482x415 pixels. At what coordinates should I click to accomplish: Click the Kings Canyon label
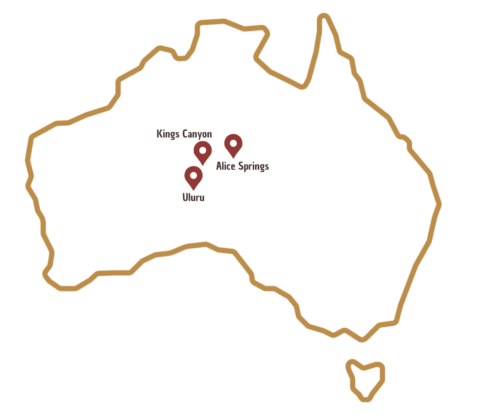tap(184, 134)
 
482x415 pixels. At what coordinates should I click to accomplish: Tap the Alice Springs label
tap(242, 166)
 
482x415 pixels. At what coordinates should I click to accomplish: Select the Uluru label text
tap(193, 197)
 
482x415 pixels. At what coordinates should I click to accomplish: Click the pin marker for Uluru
tap(193, 177)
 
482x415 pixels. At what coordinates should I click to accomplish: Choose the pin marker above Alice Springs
tap(233, 144)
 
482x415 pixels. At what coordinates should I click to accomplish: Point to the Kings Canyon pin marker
tap(203, 152)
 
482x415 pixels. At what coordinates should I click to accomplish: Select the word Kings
tap(166, 134)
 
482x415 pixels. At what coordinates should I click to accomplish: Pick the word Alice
tap(226, 166)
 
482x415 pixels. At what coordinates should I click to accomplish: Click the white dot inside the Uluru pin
tap(193, 175)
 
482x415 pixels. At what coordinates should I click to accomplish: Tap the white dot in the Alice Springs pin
tap(233, 143)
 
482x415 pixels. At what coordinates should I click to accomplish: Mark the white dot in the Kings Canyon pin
tap(203, 150)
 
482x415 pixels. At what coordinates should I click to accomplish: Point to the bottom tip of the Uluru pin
tap(193, 189)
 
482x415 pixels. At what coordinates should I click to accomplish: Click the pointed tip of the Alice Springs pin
tap(233, 157)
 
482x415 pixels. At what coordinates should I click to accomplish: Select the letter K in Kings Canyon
tap(159, 134)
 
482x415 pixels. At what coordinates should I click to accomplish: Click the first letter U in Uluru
tap(185, 197)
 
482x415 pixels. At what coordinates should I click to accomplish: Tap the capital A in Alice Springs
tap(219, 166)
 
